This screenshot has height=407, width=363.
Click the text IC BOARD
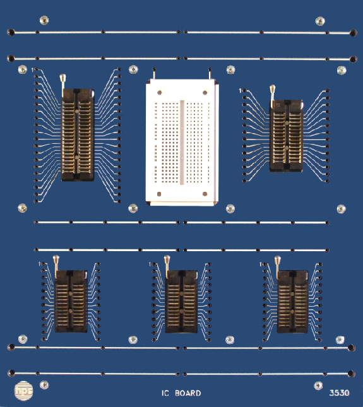click(181, 393)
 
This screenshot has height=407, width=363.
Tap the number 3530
click(339, 393)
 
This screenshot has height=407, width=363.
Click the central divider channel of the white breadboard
click(182, 142)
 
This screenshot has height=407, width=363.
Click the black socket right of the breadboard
click(287, 136)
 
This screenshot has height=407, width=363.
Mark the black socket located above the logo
click(71, 301)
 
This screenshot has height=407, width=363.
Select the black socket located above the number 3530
click(292, 301)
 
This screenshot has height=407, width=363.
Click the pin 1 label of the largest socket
click(33, 69)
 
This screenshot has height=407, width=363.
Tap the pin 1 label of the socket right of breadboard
click(241, 91)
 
